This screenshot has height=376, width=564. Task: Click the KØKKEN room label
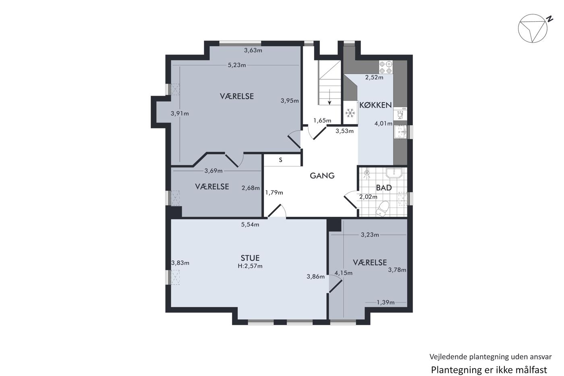(x=375, y=105)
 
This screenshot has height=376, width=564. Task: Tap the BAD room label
(x=384, y=188)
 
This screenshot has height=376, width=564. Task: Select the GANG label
(x=322, y=176)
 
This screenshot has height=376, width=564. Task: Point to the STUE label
(x=250, y=258)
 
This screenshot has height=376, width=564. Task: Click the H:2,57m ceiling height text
(x=250, y=266)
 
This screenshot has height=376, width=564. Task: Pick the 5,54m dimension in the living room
(x=250, y=224)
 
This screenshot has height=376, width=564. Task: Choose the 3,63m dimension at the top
(x=253, y=50)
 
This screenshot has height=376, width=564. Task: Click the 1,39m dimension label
(x=386, y=302)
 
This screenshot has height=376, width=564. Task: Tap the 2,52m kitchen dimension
(x=374, y=77)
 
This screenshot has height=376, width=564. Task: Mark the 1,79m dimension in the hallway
(x=274, y=193)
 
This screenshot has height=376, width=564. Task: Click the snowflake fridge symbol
(x=350, y=113)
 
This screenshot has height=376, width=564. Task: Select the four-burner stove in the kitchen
(x=386, y=67)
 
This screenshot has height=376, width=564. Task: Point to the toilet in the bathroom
(x=382, y=208)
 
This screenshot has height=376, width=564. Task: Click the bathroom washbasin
(x=394, y=173)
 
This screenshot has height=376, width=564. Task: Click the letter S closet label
(x=280, y=160)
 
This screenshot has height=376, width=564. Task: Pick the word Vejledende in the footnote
(x=442, y=357)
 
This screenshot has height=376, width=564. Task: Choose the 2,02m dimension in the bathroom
(x=368, y=197)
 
